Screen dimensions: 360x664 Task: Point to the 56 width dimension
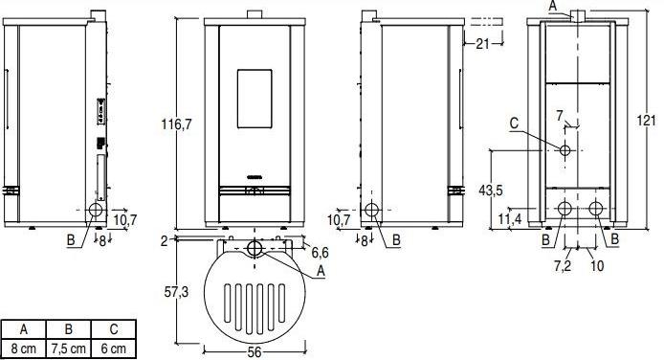pos(255,351)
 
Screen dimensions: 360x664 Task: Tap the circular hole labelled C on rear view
pos(565,151)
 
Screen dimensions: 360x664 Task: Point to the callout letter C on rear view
pos(514,123)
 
